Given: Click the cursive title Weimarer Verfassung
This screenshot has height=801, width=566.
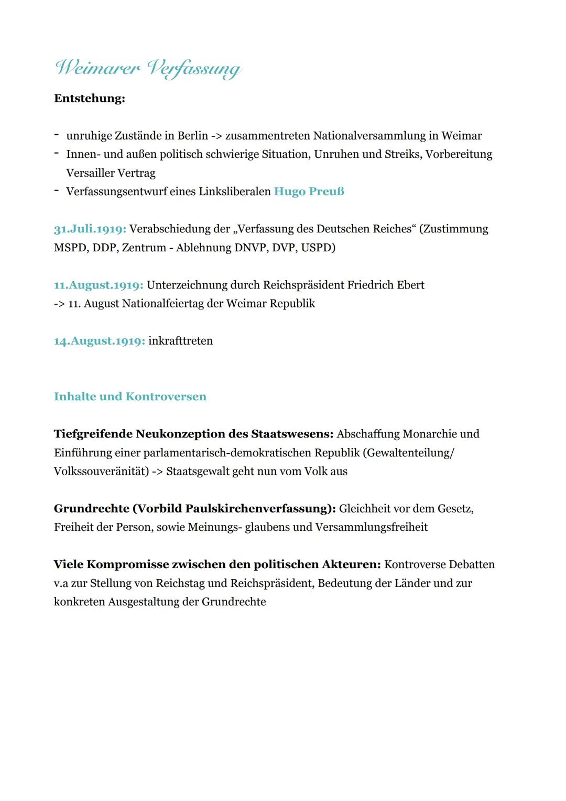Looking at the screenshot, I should coord(148,69).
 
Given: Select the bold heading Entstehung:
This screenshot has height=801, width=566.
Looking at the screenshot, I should coord(89,99).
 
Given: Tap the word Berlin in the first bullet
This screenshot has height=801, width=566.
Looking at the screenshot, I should coord(193,136).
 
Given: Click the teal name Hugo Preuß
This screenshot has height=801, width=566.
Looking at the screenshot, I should coord(309,191).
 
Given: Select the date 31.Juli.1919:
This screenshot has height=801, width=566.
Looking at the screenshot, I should coord(90,229).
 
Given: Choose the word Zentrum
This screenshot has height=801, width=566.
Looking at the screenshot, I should coord(144,248).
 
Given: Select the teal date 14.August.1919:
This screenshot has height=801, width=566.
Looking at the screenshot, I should coord(99,341).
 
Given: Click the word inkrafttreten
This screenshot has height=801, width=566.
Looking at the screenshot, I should coord(180,341).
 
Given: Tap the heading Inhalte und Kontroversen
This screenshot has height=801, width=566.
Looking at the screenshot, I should coord(130,397).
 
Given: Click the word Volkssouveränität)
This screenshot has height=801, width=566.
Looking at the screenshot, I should coord(101,472).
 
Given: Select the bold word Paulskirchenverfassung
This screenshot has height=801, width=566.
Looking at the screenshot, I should coord(256,509).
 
